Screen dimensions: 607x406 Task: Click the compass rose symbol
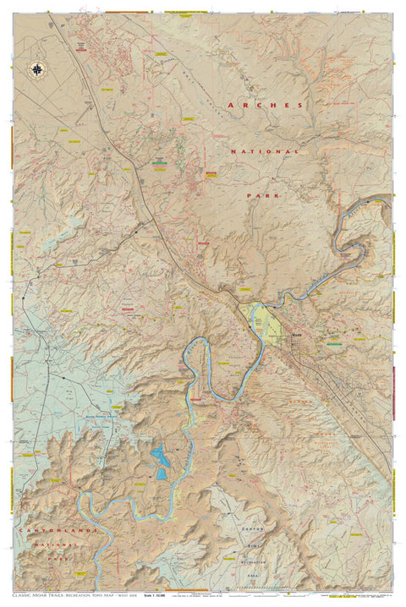click(x=36, y=69)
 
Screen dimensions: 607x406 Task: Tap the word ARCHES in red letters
click(x=264, y=105)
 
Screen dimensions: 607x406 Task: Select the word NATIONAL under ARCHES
click(x=265, y=151)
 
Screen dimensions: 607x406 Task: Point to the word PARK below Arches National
click(x=263, y=195)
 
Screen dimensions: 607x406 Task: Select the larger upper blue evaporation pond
click(x=158, y=457)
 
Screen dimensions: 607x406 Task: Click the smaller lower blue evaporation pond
click(x=161, y=473)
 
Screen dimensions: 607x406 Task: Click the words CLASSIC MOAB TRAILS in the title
click(x=46, y=596)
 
